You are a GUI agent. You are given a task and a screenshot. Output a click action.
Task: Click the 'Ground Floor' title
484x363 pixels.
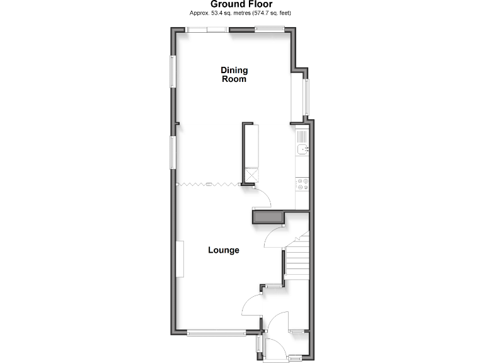(241, 4)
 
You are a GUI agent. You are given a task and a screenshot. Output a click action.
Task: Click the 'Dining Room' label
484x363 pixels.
(234, 74)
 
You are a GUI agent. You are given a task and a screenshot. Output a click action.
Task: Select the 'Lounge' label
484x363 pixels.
(224, 250)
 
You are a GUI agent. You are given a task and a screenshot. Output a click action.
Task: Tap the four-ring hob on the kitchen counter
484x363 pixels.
(302, 184)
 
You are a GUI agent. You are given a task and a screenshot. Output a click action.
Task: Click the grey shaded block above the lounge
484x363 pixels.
(267, 218)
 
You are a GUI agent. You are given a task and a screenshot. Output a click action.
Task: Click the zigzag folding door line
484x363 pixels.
(208, 184)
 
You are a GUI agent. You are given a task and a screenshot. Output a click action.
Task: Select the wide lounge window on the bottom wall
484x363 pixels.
(216, 332)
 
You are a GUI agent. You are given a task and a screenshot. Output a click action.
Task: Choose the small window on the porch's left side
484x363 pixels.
(258, 344)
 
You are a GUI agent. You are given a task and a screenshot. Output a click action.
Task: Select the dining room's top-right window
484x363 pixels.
(269, 28)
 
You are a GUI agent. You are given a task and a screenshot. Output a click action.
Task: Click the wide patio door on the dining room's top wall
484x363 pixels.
(207, 29)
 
